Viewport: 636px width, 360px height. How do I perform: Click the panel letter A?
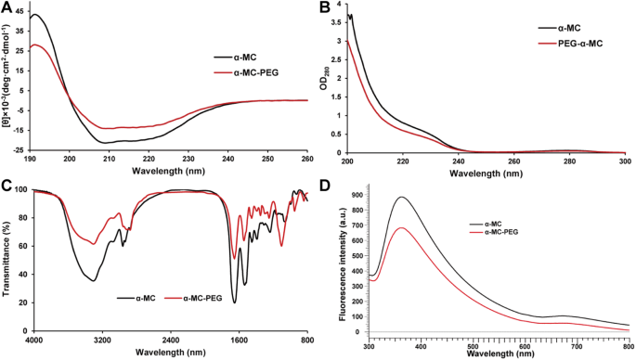click(x=7, y=7)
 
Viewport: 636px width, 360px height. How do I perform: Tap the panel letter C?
click(x=7, y=185)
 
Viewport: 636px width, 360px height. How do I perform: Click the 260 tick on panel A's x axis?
click(x=307, y=159)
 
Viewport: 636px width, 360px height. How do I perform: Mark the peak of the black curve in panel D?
click(x=401, y=197)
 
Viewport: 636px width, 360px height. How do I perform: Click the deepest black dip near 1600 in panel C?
click(x=234, y=302)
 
